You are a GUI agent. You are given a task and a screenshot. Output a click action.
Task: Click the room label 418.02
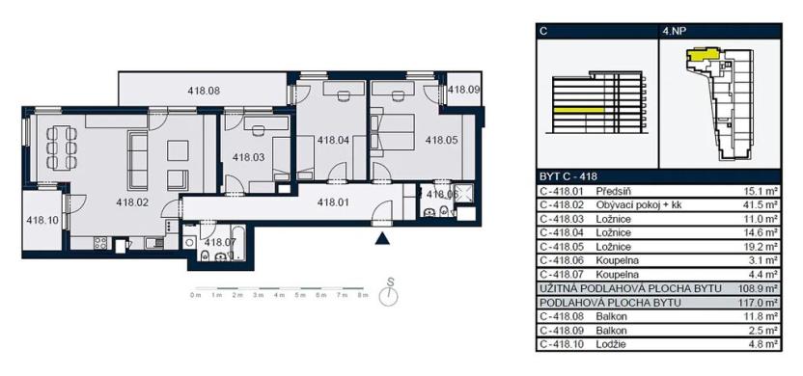pos(131,202)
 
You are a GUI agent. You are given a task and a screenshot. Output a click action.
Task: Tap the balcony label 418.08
pos(204,91)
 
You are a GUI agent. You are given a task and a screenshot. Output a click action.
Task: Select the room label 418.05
pos(441,140)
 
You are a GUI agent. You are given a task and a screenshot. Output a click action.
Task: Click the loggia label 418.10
pos(42,220)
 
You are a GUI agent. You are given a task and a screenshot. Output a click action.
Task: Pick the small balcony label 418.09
pos(463,90)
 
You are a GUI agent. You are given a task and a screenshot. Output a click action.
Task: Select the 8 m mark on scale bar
pos(363,293)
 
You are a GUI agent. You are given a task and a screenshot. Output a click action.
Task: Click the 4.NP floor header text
pos(675,31)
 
